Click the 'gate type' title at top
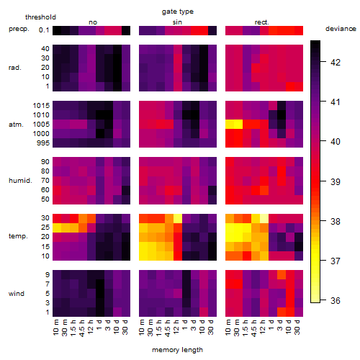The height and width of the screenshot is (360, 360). (x=178, y=12)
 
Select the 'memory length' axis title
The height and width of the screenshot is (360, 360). (x=177, y=350)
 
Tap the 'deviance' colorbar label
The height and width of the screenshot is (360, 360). (x=341, y=29)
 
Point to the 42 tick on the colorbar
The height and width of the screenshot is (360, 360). (x=336, y=62)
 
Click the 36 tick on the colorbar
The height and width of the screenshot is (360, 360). (x=336, y=300)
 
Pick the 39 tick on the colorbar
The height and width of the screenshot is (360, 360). (x=336, y=181)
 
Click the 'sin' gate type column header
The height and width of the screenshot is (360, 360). (x=177, y=22)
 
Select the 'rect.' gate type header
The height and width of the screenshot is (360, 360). (x=262, y=22)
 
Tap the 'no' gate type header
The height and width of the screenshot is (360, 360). (x=93, y=22)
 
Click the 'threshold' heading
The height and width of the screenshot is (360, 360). (x=40, y=17)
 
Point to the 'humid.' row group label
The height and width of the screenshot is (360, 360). (x=20, y=181)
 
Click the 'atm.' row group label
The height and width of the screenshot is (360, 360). (x=16, y=125)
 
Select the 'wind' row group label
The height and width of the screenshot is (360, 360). (x=17, y=293)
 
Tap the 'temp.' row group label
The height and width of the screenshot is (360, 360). (x=18, y=236)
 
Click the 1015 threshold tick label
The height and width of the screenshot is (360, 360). (x=41, y=106)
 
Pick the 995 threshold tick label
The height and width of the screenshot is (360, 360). (x=43, y=143)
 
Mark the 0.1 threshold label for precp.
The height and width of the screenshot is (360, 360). (x=44, y=30)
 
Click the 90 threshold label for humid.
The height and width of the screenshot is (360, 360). (x=45, y=162)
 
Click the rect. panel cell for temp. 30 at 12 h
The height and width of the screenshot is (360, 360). (x=264, y=218)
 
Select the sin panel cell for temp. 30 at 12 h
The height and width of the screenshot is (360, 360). (x=178, y=218)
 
